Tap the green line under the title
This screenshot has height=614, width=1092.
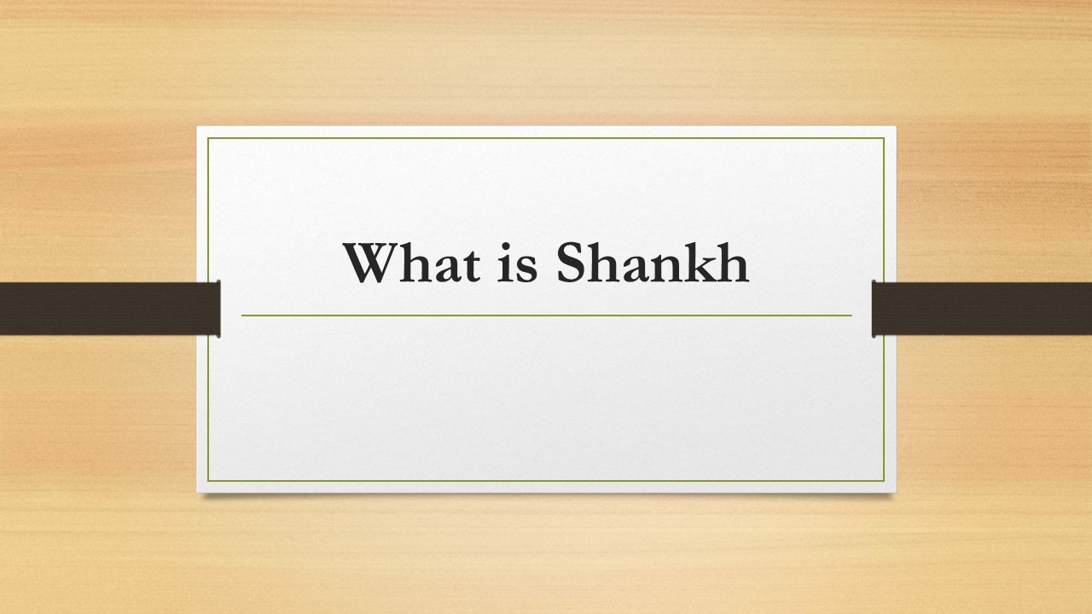pos(546,316)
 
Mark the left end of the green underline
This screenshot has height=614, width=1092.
pos(242,316)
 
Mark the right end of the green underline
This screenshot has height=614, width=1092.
pos(851,316)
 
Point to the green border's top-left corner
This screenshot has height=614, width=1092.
pos(209,137)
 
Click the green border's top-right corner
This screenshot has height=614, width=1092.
pos(885,137)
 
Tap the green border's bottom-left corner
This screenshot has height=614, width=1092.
pos(209,482)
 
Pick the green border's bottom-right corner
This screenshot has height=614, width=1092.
pos(885,482)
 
